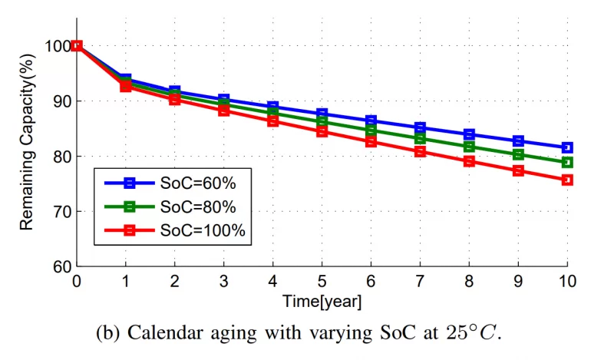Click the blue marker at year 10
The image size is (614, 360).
[x=567, y=147]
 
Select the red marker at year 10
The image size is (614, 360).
[x=567, y=180]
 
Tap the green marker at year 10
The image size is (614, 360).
[x=567, y=162]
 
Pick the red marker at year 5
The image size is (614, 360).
[x=322, y=131]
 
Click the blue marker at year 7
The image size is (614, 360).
[x=420, y=127]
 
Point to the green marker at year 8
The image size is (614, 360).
[x=469, y=147]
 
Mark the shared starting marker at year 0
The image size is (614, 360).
[x=77, y=46]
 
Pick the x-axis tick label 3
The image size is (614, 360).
[x=224, y=281]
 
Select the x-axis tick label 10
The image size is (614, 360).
[x=567, y=281]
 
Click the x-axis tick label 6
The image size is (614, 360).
[x=371, y=281]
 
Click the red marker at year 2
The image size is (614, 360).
[x=175, y=99]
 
